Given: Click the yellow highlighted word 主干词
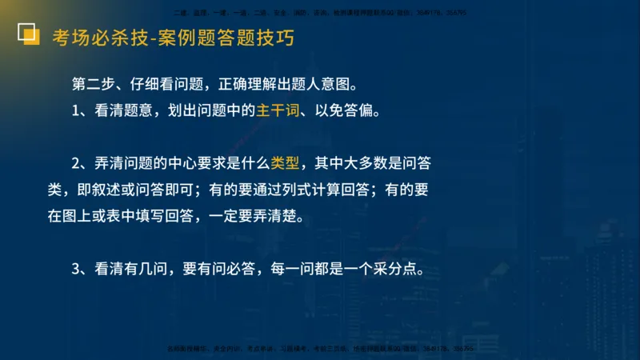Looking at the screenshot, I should (280, 111).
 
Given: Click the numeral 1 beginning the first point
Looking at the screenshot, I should (76, 111).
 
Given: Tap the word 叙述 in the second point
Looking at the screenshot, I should (105, 190).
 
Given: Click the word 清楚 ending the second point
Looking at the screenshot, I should (279, 217).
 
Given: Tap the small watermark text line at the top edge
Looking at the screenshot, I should (320, 12).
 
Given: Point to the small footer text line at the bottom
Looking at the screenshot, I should (320, 349).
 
